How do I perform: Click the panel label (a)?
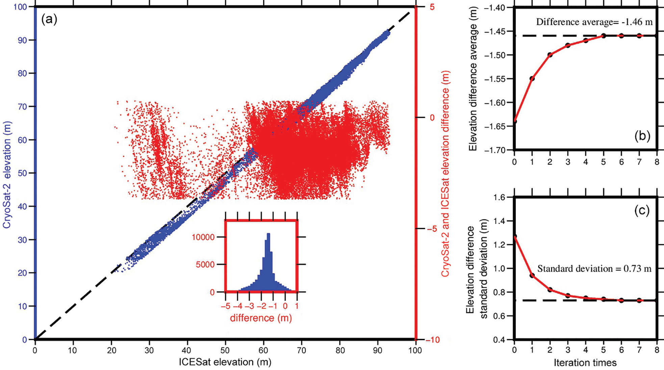49,20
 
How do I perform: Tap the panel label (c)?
642,211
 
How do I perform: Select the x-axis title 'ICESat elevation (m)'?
225,362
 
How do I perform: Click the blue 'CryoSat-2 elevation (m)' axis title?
7,175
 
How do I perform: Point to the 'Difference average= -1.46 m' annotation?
594,22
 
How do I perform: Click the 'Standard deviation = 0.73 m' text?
594,269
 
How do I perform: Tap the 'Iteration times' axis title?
585,363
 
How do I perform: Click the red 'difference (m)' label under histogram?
261,318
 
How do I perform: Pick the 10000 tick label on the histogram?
203,237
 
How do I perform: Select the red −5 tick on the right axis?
431,229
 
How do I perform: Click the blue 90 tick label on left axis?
22,40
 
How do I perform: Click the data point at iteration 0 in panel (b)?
514,121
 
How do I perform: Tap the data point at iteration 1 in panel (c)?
532,275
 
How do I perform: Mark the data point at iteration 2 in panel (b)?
550,55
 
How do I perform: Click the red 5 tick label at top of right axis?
432,7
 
